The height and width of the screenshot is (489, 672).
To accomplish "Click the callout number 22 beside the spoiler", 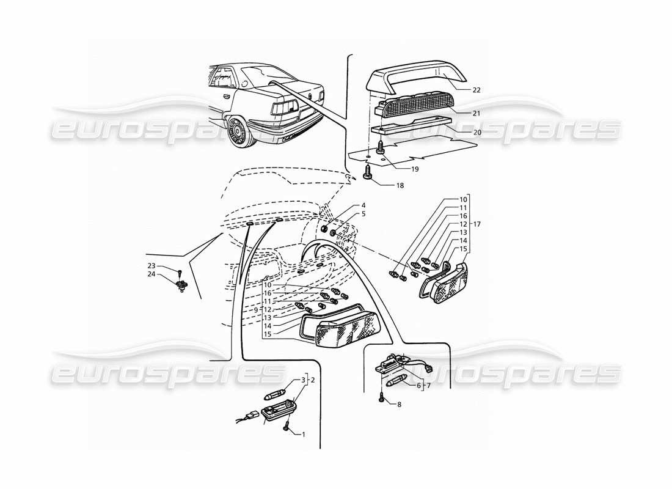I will (476, 90).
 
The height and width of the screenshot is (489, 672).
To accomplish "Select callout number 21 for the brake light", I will (476, 113).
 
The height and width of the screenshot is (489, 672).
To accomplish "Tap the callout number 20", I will (476, 132).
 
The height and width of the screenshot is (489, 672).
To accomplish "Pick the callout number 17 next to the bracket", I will (477, 224).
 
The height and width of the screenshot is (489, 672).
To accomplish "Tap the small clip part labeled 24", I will (181, 284).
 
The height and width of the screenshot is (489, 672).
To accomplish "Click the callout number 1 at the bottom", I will (303, 434).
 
